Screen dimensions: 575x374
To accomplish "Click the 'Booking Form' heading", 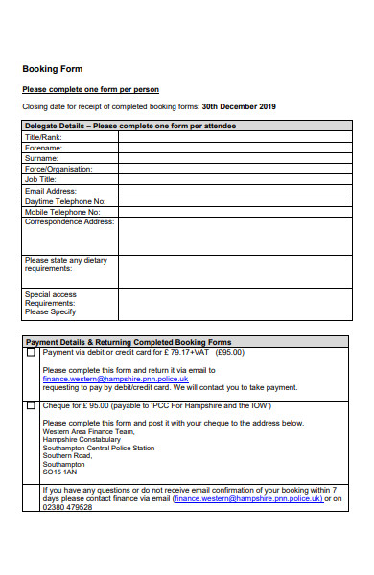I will (52, 69).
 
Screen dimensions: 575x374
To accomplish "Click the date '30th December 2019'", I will (239, 106).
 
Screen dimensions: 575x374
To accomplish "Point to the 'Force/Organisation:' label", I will (58, 169).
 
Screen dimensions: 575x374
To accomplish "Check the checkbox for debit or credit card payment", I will (31, 353).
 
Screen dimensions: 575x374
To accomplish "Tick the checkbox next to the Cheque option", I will (31, 405).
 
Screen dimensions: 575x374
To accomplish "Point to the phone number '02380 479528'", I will (68, 507).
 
